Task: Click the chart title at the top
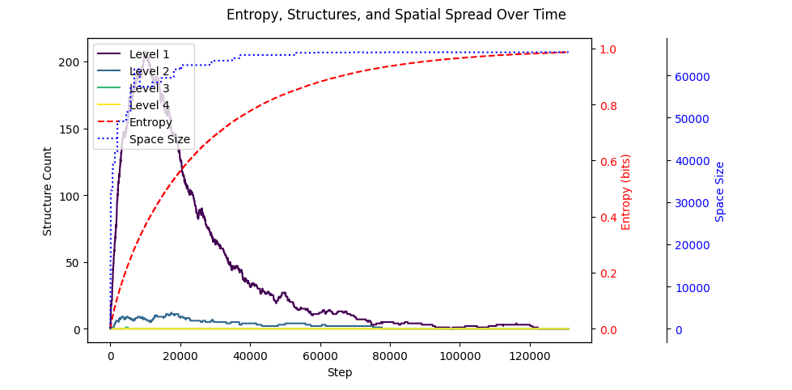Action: tap(396, 15)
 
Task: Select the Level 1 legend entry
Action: tap(149, 54)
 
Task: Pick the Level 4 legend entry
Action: tap(149, 105)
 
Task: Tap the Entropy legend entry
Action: tap(150, 122)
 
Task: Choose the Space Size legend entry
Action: tap(159, 139)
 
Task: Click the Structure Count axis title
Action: tap(48, 191)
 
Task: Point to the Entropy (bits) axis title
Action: tap(626, 192)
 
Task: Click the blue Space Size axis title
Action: tap(720, 192)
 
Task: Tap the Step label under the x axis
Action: tap(339, 373)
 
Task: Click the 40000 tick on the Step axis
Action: tap(250, 356)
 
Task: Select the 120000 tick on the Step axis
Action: tap(530, 356)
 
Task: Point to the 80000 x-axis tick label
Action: tap(390, 356)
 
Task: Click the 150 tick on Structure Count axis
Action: tap(71, 129)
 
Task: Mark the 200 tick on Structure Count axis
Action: tap(71, 62)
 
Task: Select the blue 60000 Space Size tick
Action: tap(692, 77)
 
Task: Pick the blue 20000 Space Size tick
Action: tap(692, 245)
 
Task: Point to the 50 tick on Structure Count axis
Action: tap(74, 263)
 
